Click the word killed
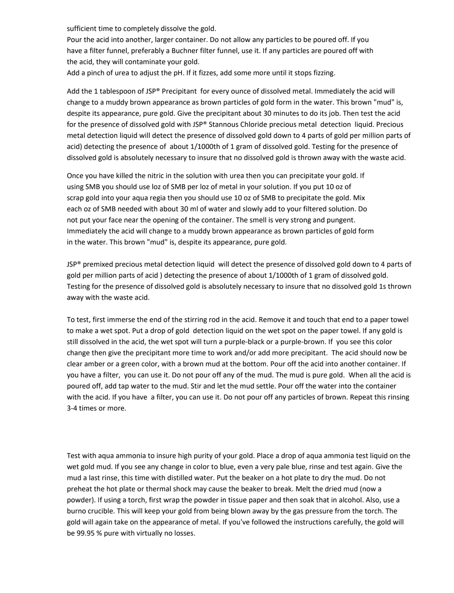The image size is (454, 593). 125,176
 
